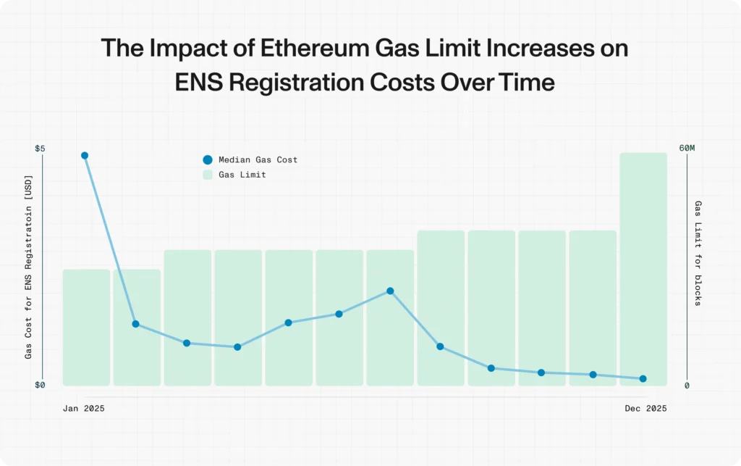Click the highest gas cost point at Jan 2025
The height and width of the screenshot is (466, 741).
pyautogui.click(x=85, y=156)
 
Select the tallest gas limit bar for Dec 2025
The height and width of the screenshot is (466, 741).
pyautogui.click(x=643, y=268)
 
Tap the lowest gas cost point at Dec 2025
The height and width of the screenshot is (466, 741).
pyautogui.click(x=643, y=378)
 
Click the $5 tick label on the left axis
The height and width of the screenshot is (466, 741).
pyautogui.click(x=40, y=149)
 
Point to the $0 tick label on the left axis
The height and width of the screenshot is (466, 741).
pyautogui.click(x=40, y=385)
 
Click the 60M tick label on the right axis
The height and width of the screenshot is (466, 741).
pyautogui.click(x=687, y=149)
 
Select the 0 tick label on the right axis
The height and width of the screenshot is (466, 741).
pyautogui.click(x=687, y=386)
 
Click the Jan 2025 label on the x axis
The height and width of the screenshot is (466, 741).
pyautogui.click(x=84, y=409)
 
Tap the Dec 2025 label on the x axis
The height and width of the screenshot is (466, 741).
pyautogui.click(x=645, y=409)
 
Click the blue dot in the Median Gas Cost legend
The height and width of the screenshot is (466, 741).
pyautogui.click(x=208, y=160)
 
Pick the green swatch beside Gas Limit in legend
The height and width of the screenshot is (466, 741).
pyautogui.click(x=208, y=175)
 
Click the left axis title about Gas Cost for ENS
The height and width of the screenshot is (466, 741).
pyautogui.click(x=29, y=267)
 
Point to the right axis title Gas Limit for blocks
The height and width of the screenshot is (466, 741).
pyautogui.click(x=698, y=253)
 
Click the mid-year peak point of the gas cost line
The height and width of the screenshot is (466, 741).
pyautogui.click(x=390, y=291)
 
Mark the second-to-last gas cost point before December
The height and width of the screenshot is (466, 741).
pyautogui.click(x=593, y=375)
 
